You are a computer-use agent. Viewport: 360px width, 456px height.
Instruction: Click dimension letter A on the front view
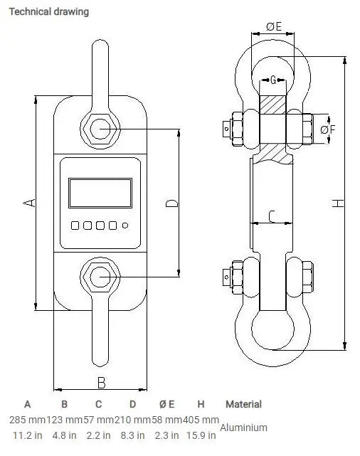[29, 203]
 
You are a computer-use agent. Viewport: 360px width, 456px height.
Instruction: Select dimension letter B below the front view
[101, 382]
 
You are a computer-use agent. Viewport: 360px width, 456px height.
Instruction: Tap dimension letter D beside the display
[171, 203]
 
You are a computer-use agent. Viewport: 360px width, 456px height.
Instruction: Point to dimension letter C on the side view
[272, 215]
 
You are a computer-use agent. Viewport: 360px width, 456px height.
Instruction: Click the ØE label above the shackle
[274, 26]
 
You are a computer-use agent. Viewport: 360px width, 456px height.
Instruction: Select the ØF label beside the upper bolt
[328, 129]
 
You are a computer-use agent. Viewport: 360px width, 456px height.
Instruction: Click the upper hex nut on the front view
[100, 129]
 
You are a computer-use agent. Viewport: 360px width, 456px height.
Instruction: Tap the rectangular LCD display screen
[100, 193]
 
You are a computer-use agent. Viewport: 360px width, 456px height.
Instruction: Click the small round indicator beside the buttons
[125, 226]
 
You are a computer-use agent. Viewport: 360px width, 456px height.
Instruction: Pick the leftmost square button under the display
[75, 226]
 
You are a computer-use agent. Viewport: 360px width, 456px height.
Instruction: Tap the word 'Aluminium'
[243, 428]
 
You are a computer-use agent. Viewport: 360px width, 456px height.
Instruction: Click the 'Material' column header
[243, 404]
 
